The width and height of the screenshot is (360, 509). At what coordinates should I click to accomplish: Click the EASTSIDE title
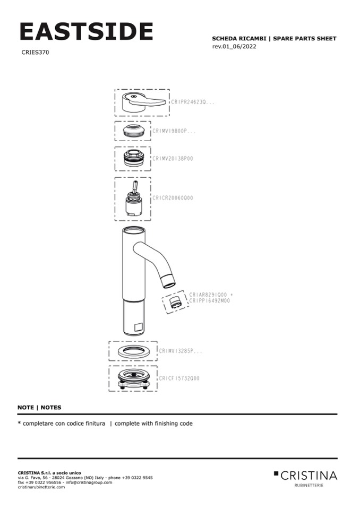pyautogui.click(x=86, y=31)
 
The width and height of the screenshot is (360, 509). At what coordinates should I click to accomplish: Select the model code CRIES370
pyautogui.click(x=35, y=52)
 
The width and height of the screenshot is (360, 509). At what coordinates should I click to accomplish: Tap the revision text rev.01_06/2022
pyautogui.click(x=234, y=46)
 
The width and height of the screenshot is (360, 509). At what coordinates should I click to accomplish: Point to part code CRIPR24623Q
pyautogui.click(x=193, y=102)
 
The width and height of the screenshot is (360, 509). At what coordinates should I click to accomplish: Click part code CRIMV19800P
pyautogui.click(x=174, y=131)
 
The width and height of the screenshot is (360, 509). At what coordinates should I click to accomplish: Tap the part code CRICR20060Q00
pyautogui.click(x=173, y=197)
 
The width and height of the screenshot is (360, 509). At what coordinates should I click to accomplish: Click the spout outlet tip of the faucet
pyautogui.click(x=169, y=282)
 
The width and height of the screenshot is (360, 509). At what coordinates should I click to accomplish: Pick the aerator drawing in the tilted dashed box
pyautogui.click(x=175, y=303)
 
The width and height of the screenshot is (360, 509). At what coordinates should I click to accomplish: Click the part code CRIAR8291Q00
pyautogui.click(x=208, y=295)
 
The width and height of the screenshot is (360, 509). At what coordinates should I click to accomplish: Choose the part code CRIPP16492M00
pyautogui.click(x=209, y=300)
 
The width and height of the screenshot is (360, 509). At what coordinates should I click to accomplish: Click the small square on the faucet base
pyautogui.click(x=138, y=327)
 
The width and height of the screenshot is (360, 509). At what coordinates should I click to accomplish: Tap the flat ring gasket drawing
pyautogui.click(x=133, y=351)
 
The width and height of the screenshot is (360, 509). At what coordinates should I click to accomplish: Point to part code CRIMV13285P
pyautogui.click(x=181, y=351)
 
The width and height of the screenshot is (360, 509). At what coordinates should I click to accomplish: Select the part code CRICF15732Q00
pyautogui.click(x=179, y=378)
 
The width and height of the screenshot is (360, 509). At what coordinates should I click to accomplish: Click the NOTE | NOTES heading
pyautogui.click(x=39, y=408)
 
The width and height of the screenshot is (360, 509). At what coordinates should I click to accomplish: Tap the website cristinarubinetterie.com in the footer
pyautogui.click(x=41, y=487)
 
